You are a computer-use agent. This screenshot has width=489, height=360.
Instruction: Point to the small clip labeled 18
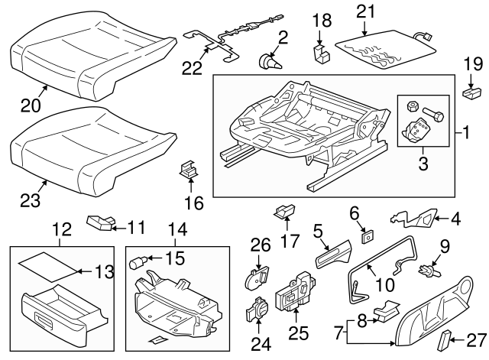[322, 52]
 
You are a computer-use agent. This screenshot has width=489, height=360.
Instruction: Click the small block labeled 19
[468, 94]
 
